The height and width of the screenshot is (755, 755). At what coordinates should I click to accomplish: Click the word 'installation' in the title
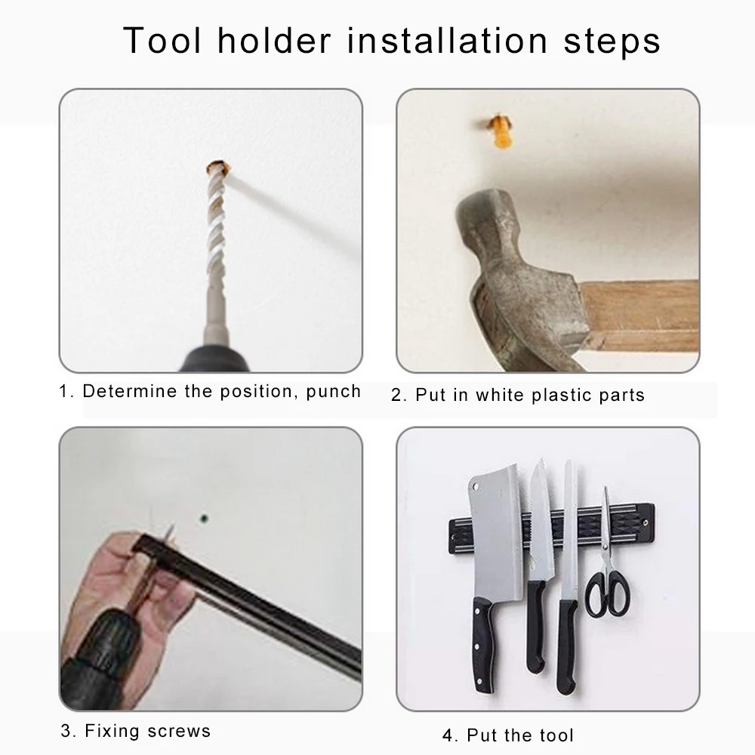[x=447, y=40]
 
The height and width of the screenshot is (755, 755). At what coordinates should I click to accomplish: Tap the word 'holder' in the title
[x=275, y=40]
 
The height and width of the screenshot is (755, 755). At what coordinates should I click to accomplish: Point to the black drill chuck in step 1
[x=214, y=358]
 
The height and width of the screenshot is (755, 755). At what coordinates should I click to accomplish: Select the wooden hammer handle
[x=640, y=316]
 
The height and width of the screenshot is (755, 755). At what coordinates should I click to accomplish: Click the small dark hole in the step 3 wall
[x=204, y=519]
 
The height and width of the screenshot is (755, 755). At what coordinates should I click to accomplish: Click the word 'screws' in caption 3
[x=179, y=731]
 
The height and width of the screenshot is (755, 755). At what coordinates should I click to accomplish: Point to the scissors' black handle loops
[x=608, y=594]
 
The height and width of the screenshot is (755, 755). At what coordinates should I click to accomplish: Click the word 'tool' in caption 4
[x=556, y=735]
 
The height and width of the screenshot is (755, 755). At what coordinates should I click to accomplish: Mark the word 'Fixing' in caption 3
[x=112, y=731]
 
